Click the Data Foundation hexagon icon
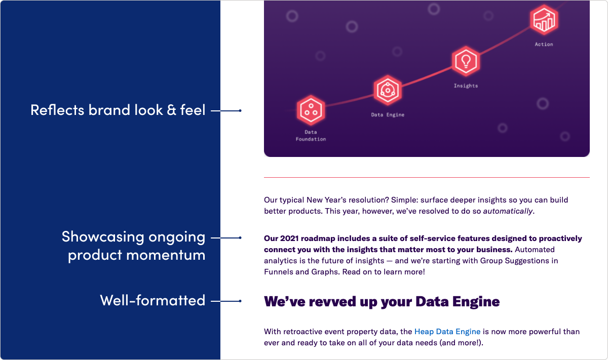(x=310, y=110)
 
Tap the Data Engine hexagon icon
(x=388, y=90)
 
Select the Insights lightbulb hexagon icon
(x=465, y=61)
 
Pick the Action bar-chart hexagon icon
(x=544, y=20)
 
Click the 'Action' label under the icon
(x=544, y=45)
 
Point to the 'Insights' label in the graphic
(x=466, y=86)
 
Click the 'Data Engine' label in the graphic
(x=388, y=115)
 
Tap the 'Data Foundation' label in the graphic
(x=311, y=136)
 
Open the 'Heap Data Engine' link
(x=447, y=332)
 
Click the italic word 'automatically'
(x=508, y=211)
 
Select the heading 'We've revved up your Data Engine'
(x=382, y=302)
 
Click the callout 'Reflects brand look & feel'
(x=118, y=110)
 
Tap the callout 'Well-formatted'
(x=153, y=300)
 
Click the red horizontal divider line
(x=427, y=177)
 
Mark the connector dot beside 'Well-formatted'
(x=240, y=301)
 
